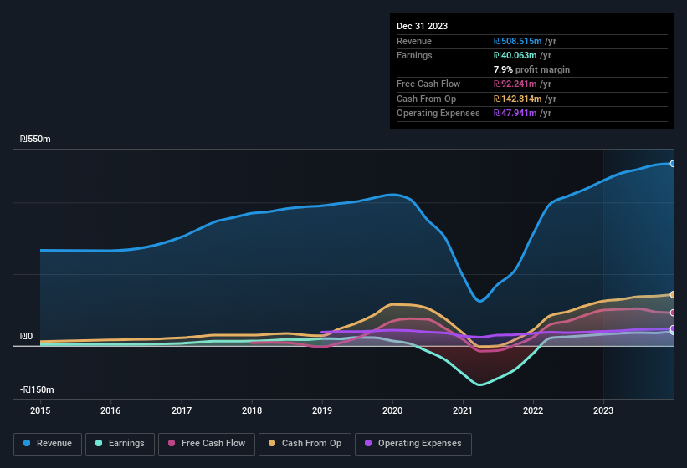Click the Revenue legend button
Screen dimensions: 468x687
[x=49, y=443]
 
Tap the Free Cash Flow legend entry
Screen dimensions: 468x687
[x=208, y=443]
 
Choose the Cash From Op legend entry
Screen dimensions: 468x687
[x=305, y=443]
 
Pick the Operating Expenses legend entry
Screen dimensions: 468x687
[x=413, y=443]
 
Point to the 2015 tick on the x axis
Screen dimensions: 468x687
[x=39, y=410]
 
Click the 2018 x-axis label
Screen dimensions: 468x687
[x=252, y=410]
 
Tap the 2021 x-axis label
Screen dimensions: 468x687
[x=463, y=410]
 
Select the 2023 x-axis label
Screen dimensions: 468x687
[x=603, y=410]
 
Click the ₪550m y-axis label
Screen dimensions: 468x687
[x=36, y=139]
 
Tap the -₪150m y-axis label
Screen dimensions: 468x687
[x=38, y=389]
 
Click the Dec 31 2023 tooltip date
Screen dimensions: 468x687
[x=422, y=26]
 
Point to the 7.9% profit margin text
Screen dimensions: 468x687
[x=531, y=69]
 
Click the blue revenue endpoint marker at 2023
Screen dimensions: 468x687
[x=672, y=163]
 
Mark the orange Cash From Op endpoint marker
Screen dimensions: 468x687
[x=672, y=295]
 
